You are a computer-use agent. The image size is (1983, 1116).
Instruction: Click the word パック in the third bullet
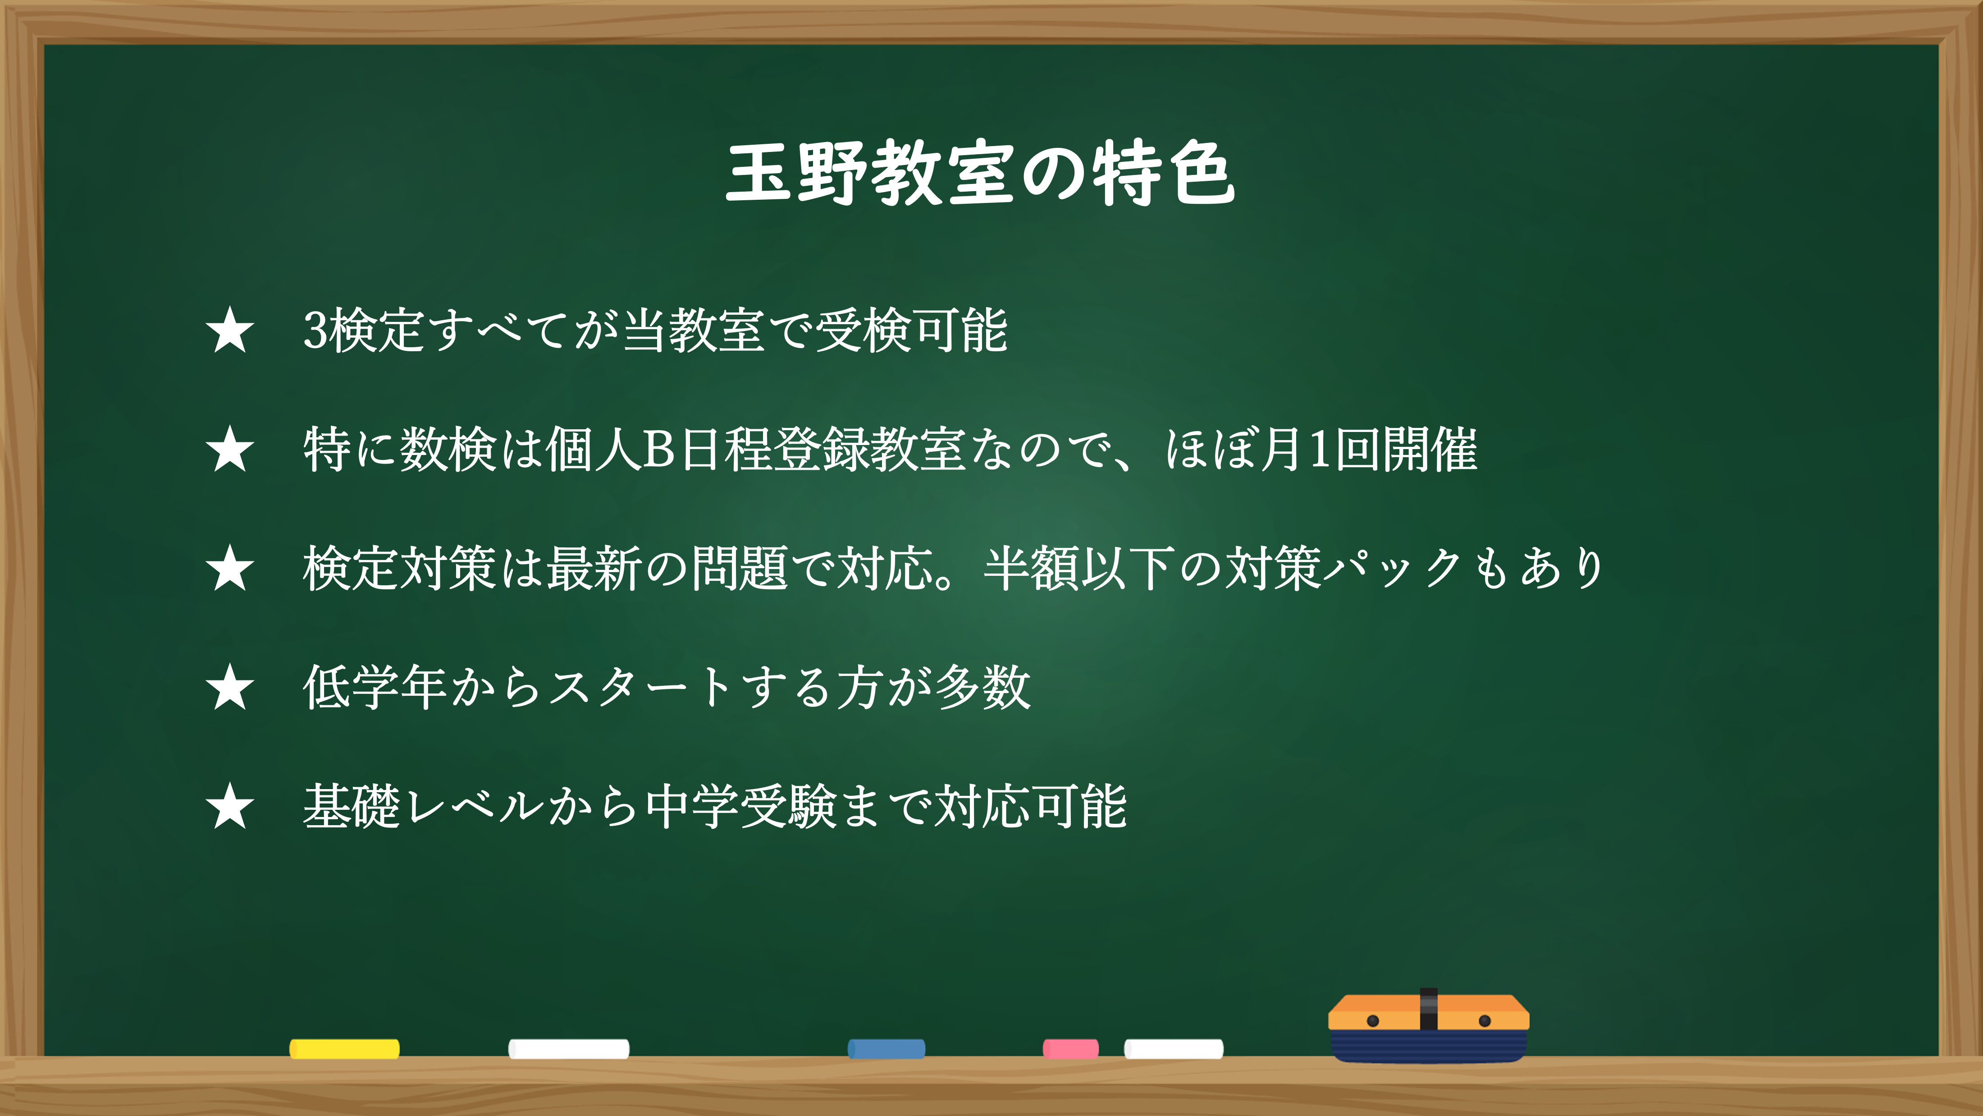tap(1394, 569)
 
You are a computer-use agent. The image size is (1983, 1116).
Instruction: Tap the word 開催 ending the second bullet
tap(1430, 449)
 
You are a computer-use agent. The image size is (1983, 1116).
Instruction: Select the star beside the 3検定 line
tap(229, 331)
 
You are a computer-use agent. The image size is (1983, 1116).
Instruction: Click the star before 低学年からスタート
tap(229, 687)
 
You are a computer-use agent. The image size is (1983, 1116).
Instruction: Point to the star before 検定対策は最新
tap(229, 569)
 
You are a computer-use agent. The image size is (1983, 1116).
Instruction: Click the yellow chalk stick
tap(344, 1048)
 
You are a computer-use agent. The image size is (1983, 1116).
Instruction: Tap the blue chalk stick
tap(886, 1048)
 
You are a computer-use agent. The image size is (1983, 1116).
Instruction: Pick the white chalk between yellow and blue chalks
tap(569, 1048)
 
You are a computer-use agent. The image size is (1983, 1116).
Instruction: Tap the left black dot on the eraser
tap(1372, 1020)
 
